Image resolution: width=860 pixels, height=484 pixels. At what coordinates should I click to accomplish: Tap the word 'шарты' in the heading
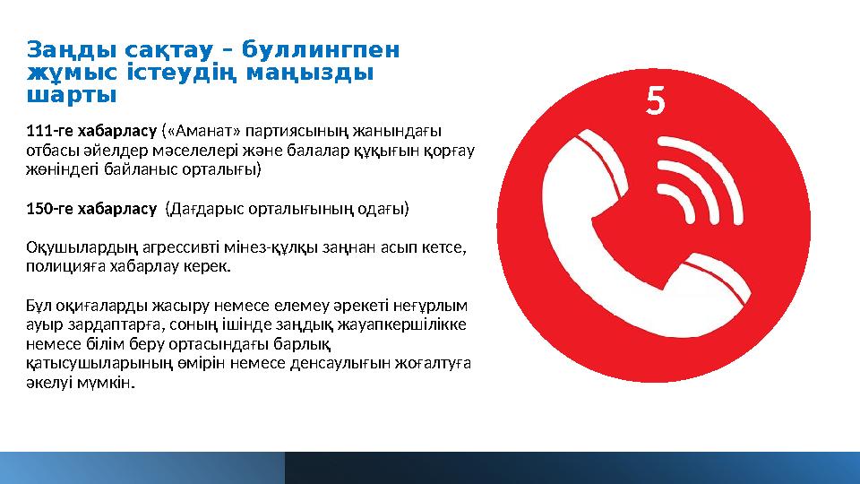coord(72,93)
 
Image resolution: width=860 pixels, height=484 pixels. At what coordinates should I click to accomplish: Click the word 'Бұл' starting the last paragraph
coord(39,305)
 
